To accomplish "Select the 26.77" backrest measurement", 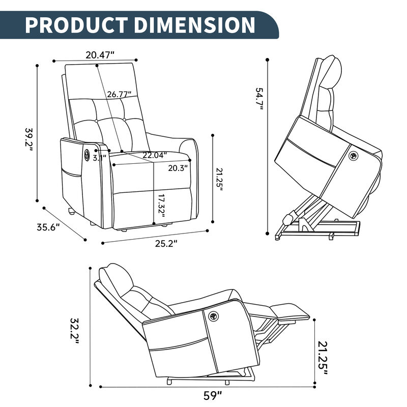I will pos(119,94).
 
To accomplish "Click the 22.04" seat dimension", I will pos(154,155).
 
